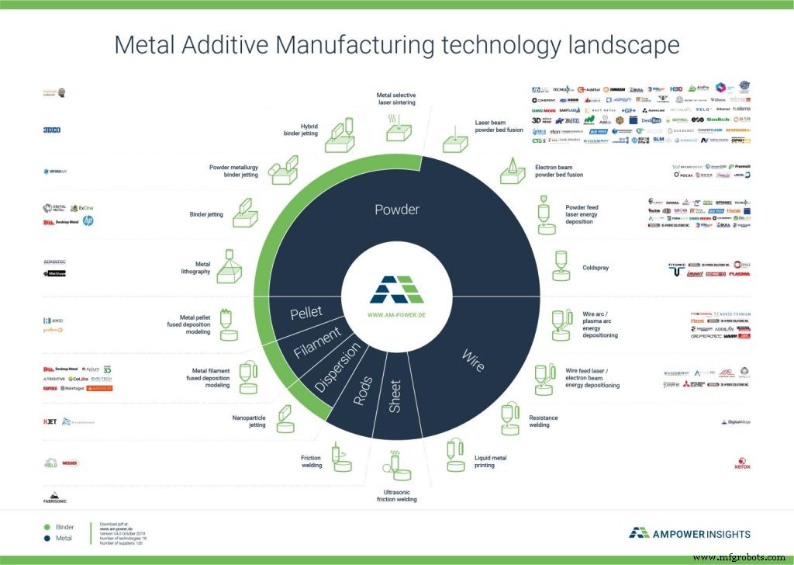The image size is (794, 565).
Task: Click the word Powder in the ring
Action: pos(397,210)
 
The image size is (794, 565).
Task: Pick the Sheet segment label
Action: pos(395,395)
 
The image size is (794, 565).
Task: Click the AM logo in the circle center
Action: pos(396,290)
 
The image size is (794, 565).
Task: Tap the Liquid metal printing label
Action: pos(491,463)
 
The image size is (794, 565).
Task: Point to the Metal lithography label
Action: pos(195,267)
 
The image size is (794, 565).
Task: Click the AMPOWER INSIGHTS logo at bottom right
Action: pos(689,532)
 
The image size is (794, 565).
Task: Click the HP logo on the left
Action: pos(88,221)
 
